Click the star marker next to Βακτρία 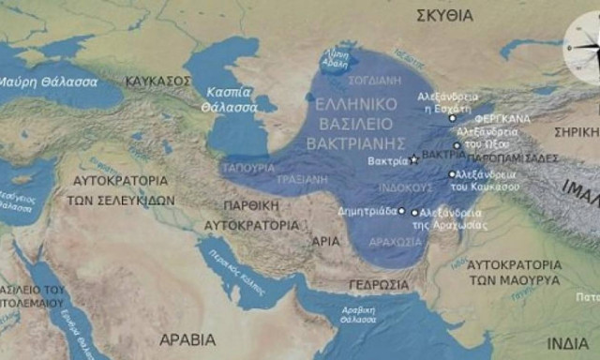[413, 161]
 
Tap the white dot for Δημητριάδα [402, 211]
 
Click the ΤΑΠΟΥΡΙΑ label [248, 167]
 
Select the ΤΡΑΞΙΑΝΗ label [305, 178]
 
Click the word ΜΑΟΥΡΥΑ [514, 279]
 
